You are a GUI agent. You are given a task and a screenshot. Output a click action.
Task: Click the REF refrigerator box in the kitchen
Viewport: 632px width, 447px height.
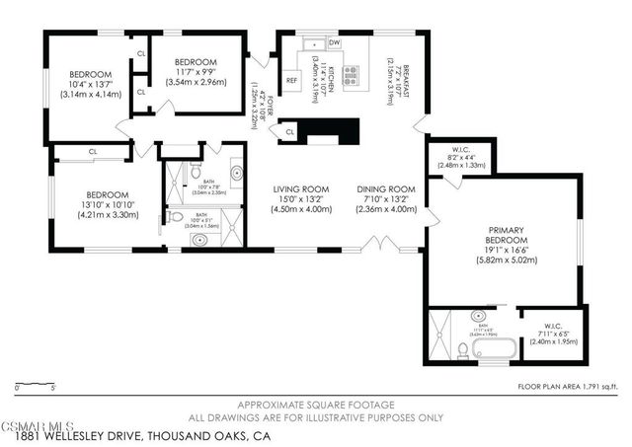pyautogui.click(x=292, y=81)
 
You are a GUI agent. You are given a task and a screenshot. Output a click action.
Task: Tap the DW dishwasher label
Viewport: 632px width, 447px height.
pyautogui.click(x=334, y=43)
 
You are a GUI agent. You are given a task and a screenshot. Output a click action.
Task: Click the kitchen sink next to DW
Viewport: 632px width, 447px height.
pyautogui.click(x=312, y=43)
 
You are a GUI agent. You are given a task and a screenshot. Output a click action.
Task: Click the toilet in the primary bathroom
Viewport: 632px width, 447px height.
pyautogui.click(x=463, y=348)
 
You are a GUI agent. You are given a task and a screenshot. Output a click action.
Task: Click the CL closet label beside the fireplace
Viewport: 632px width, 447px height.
pyautogui.click(x=290, y=130)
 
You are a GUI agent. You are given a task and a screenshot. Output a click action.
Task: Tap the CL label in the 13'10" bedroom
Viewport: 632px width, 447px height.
pyautogui.click(x=92, y=152)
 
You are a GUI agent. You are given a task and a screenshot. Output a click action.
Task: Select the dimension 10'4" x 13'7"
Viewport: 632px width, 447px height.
pyautogui.click(x=90, y=85)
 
